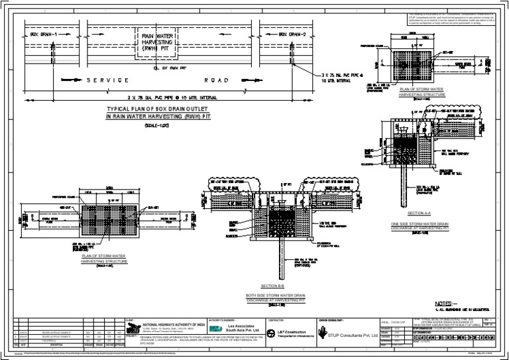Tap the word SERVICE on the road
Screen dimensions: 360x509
[x=107, y=80]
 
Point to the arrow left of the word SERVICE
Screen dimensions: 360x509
[x=68, y=80]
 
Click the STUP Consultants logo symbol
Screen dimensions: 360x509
[x=323, y=335]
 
